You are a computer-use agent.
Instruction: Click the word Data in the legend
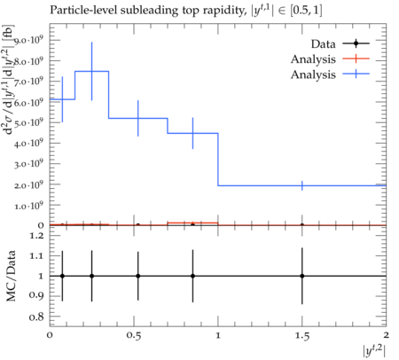[323, 44]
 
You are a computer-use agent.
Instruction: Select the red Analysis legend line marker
[356, 59]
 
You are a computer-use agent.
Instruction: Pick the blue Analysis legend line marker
[356, 74]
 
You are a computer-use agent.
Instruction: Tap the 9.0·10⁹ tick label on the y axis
[28, 40]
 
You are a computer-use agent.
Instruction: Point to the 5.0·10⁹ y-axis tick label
[28, 122]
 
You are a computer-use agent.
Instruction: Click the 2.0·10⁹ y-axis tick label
[28, 184]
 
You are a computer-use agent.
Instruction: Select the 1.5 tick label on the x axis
[302, 336]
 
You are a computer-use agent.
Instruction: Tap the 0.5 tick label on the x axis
[134, 336]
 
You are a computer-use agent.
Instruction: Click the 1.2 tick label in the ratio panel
[36, 236]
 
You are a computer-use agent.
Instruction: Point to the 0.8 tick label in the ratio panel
[36, 317]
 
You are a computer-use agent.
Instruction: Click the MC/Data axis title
[12, 276]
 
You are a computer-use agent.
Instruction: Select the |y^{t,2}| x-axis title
[374, 351]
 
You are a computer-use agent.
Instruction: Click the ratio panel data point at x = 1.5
[302, 276]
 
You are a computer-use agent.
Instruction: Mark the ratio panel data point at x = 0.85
[192, 276]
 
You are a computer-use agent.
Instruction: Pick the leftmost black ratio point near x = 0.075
[62, 276]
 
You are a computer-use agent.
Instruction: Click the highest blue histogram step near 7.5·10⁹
[92, 71]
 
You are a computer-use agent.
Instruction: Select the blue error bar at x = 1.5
[302, 185]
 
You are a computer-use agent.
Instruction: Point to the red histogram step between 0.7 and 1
[192, 223]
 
